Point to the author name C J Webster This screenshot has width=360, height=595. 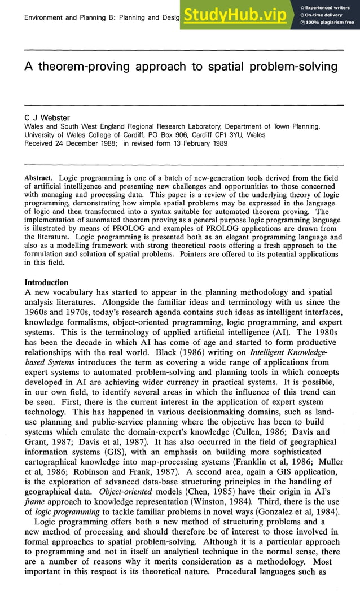click(47, 117)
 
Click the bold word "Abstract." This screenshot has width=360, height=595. click(41, 177)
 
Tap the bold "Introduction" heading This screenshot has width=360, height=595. click(46, 282)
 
